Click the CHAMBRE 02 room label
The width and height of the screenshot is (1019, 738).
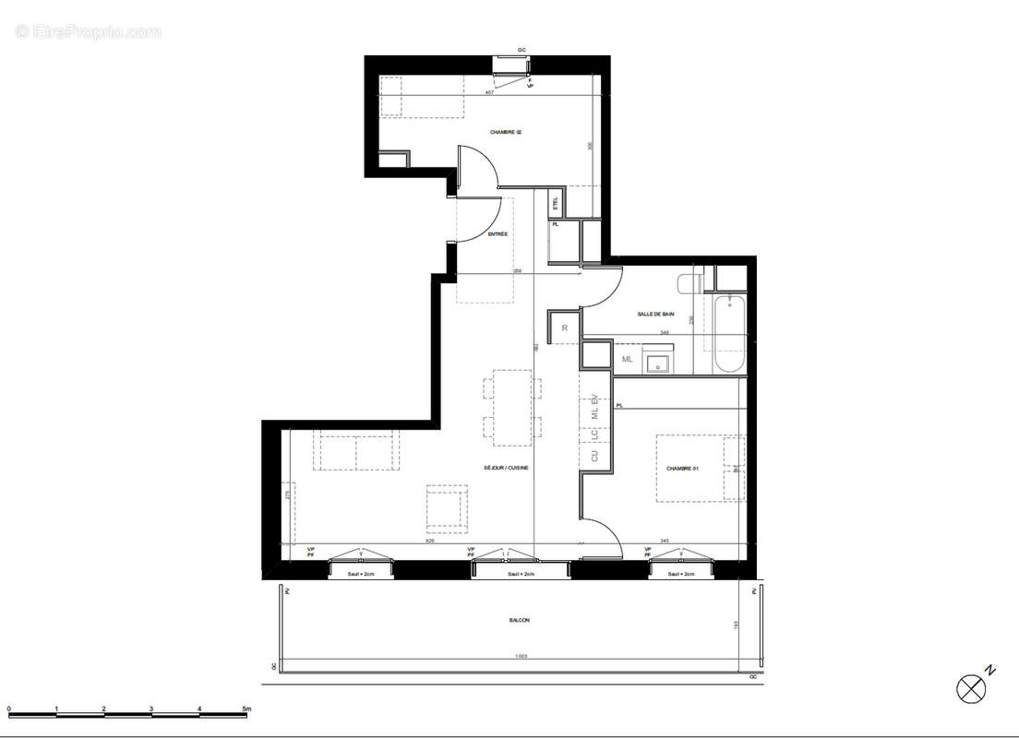tap(506, 133)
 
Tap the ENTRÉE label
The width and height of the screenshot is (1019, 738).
tap(498, 234)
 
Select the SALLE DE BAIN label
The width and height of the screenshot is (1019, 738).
tap(655, 315)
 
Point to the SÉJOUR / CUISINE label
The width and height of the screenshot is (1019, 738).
tap(506, 468)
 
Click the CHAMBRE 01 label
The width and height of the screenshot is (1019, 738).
tap(683, 469)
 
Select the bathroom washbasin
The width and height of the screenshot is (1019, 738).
tap(659, 362)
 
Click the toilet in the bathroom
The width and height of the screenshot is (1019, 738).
tap(689, 282)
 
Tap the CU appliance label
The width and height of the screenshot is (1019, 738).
tap(594, 456)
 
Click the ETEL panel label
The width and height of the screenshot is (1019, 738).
tap(555, 202)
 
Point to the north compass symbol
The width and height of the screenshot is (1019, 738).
tap(970, 687)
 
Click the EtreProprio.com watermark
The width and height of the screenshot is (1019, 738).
tap(89, 31)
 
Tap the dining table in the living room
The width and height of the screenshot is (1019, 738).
tap(511, 406)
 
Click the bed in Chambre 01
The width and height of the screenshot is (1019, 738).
tap(700, 469)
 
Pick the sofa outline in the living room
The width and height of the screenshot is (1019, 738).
tap(356, 449)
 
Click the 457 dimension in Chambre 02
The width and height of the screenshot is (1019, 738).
tap(489, 92)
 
